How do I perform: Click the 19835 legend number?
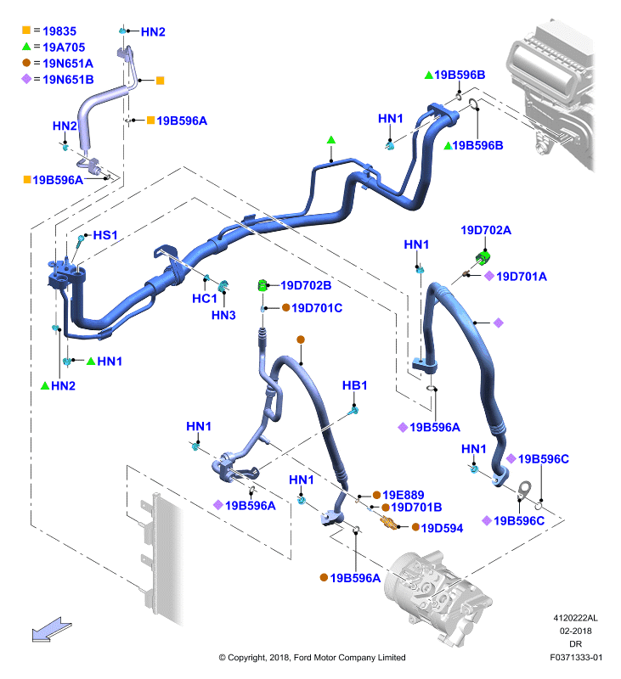point(59,31)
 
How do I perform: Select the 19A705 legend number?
point(64,48)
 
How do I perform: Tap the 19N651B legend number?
point(68,80)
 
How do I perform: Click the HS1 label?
point(105,235)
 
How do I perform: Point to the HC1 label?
point(204,299)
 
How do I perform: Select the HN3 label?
point(223,315)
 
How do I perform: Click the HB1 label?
point(354,385)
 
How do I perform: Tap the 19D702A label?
point(486,230)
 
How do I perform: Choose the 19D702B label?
point(306,285)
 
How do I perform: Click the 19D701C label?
point(317,308)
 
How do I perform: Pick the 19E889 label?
point(403,495)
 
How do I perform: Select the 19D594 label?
point(442,528)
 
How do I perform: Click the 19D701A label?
point(522,277)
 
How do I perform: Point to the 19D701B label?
point(416,507)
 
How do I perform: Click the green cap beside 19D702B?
point(263,285)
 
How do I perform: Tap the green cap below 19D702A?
point(483,258)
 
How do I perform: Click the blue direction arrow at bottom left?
point(51,629)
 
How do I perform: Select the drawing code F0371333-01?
point(576,657)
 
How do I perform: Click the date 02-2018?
point(575,631)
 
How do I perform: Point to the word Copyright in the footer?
point(246,658)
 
